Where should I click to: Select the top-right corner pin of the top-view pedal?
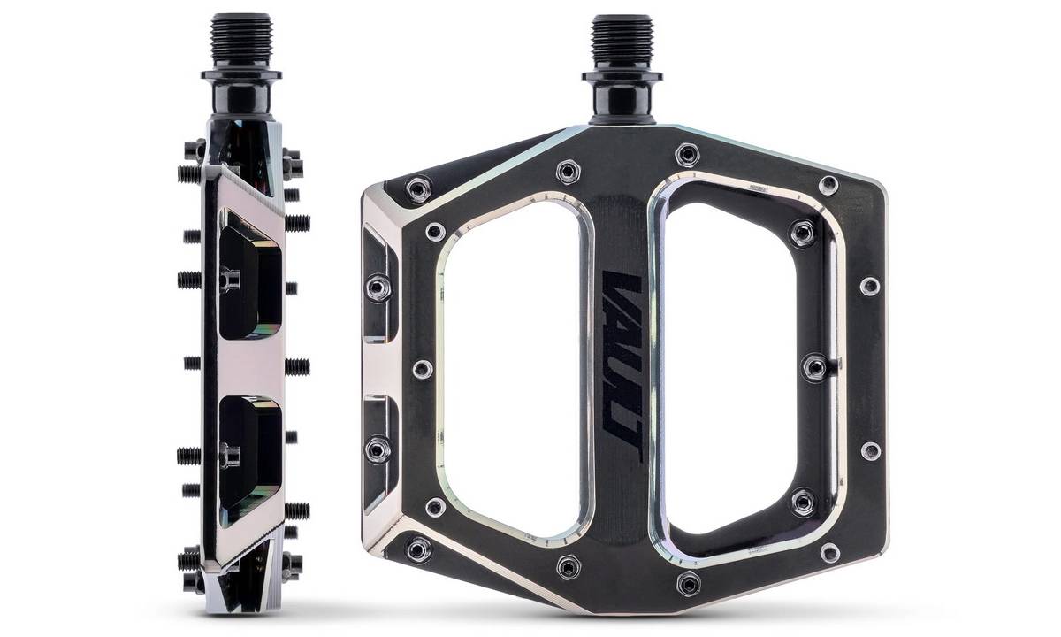(x=828, y=184)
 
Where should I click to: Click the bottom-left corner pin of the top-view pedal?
(x=418, y=549)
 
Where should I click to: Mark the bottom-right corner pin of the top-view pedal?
(x=828, y=553)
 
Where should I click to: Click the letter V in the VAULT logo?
(x=619, y=288)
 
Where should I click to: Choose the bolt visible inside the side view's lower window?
(x=233, y=455)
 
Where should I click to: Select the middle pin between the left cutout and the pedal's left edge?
(x=423, y=368)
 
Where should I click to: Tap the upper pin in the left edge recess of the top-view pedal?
(x=379, y=286)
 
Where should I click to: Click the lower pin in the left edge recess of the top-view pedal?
(x=379, y=449)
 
